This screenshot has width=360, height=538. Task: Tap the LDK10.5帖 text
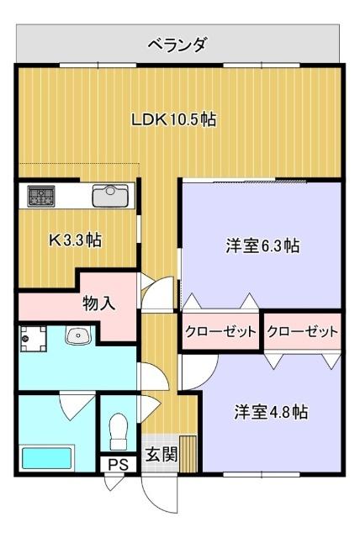pyautogui.click(x=173, y=119)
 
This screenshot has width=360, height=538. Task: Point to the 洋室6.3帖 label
pyautogui.click(x=262, y=246)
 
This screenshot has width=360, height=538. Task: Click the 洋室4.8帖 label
pyautogui.click(x=270, y=412)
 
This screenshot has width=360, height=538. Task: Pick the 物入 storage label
pyautogui.click(x=99, y=303)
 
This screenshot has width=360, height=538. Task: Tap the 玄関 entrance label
pyautogui.click(x=161, y=455)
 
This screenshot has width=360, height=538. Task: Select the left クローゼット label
pyautogui.click(x=220, y=332)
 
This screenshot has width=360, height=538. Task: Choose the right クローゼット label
pyautogui.click(x=302, y=332)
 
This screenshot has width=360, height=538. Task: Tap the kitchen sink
pyautogui.click(x=109, y=196)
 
